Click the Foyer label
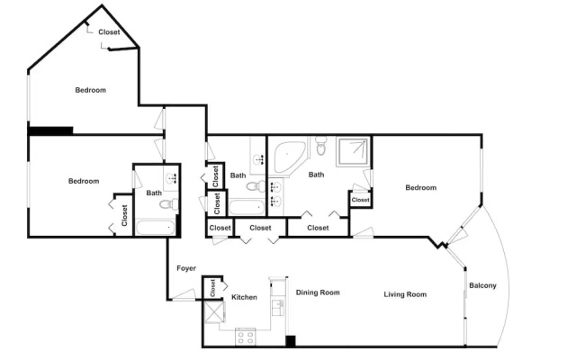point(186,268)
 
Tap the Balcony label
point(482,285)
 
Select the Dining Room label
point(318,292)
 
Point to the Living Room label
point(405,294)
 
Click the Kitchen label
point(244,297)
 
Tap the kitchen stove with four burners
point(246,337)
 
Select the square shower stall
point(352,151)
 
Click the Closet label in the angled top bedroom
point(109,32)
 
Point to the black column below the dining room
point(291,341)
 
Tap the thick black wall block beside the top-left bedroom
point(50,130)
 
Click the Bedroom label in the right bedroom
point(421,188)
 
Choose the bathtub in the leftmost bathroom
point(156,228)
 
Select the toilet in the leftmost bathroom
point(169,203)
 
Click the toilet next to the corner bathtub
point(321,146)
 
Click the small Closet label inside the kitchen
point(212,288)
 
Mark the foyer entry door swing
point(184,295)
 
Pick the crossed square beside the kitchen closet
point(214,312)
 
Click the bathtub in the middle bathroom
point(247,207)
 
